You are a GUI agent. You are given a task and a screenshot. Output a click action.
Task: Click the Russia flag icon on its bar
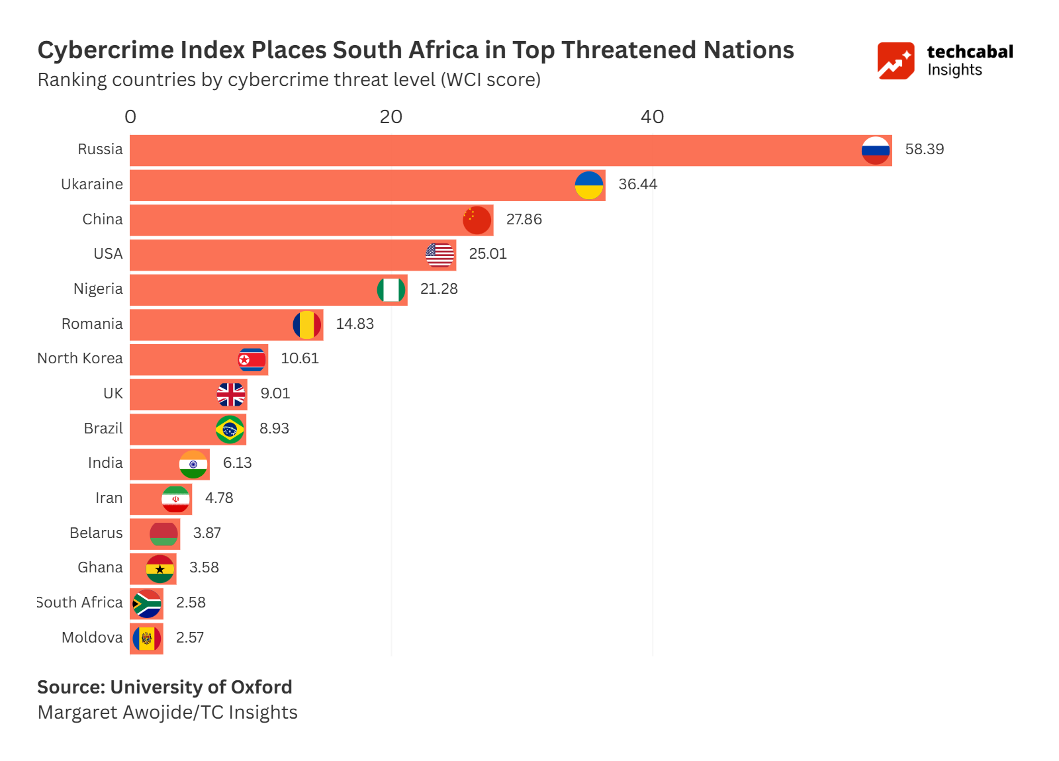pyautogui.click(x=875, y=150)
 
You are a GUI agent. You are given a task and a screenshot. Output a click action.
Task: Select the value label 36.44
pyautogui.click(x=637, y=185)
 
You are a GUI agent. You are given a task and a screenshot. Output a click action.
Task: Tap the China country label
pyautogui.click(x=103, y=220)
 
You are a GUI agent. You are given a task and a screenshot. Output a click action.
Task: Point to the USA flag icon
pyautogui.click(x=439, y=255)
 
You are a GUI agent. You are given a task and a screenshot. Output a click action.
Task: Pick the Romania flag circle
pyautogui.click(x=307, y=325)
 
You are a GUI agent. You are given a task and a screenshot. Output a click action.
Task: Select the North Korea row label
pyautogui.click(x=80, y=359)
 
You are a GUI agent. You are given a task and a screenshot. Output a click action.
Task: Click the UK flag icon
pyautogui.click(x=231, y=394)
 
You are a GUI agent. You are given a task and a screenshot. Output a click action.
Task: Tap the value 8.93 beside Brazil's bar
pyautogui.click(x=274, y=429)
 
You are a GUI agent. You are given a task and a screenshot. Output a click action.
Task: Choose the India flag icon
pyautogui.click(x=193, y=465)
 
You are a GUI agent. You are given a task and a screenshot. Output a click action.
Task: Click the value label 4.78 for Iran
pyautogui.click(x=219, y=498)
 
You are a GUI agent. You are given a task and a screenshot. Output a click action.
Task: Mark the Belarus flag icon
pyautogui.click(x=163, y=533)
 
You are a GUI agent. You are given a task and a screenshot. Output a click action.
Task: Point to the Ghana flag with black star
pyautogui.click(x=160, y=568)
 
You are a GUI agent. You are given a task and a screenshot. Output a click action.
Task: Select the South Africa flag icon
pyautogui.click(x=147, y=604)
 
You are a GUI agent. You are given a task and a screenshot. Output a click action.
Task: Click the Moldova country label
pyautogui.click(x=92, y=638)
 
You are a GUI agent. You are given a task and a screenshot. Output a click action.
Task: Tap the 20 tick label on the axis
pyautogui.click(x=391, y=117)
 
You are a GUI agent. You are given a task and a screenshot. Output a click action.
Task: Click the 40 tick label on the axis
pyautogui.click(x=652, y=117)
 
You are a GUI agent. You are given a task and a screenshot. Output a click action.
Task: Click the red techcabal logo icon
pyautogui.click(x=896, y=61)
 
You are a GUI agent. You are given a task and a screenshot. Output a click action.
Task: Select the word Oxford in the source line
pyautogui.click(x=259, y=688)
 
